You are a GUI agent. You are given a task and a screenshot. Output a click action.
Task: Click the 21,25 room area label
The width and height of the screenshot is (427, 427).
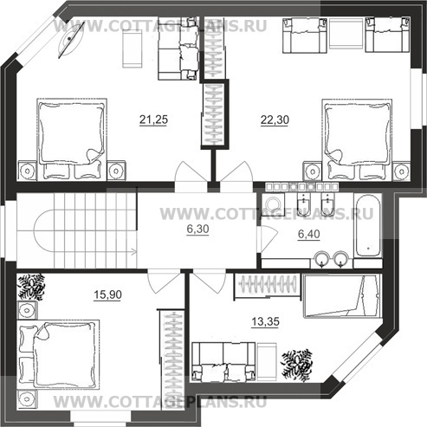pos(153,120)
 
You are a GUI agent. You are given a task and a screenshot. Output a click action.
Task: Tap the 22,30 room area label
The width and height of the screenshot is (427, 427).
pos(275,120)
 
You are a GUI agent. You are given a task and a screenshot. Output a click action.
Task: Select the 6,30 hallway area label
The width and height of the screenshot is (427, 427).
pos(197,229)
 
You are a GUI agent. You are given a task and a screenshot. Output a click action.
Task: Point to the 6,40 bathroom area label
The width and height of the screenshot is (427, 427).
pos(309,234)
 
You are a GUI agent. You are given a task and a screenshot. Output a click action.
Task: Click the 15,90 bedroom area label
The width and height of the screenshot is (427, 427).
pos(107,294)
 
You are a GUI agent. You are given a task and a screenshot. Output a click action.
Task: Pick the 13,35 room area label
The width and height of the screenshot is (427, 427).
pos(265,321)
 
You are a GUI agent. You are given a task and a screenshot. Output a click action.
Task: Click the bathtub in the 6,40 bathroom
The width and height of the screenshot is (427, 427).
pos(367,225)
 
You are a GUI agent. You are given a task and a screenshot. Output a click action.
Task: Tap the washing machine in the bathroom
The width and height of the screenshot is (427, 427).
pos(273,204)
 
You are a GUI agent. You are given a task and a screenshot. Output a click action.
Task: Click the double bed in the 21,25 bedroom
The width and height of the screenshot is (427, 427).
pos(72,139)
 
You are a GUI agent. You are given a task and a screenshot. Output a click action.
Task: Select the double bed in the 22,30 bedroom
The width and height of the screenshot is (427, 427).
pos(357,139)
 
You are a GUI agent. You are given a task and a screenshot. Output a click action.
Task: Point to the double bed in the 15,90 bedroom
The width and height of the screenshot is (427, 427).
pos(58,354)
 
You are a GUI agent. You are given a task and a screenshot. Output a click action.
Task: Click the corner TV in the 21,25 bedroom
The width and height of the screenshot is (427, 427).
pos(71,40)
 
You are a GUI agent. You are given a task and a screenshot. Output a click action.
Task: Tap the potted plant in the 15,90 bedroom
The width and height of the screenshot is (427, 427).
pos(31,287)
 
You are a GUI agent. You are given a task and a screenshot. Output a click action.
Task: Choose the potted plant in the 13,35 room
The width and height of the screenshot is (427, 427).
pos(296,364)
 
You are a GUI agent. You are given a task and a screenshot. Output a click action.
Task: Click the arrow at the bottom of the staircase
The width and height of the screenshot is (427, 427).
pos(133,252)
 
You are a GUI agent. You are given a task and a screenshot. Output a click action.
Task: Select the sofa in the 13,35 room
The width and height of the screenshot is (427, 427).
pos(223,360)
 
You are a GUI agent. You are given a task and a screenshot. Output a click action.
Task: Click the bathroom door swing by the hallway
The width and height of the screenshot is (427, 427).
pos(269,239)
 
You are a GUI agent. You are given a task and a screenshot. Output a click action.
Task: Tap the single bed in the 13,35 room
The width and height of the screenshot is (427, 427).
pos(342,296)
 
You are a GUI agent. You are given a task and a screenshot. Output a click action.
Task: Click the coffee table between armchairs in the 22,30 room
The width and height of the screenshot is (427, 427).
pos(346,35)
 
